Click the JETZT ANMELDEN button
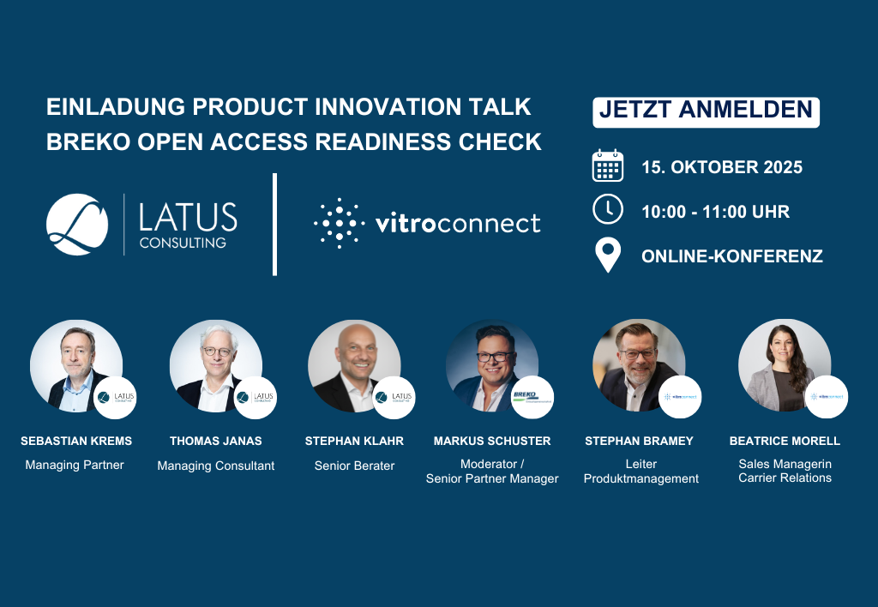[706, 112]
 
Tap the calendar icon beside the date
[608, 165]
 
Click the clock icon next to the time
[608, 209]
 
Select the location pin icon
[608, 255]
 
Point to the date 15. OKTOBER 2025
[722, 167]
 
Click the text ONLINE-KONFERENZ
[732, 255]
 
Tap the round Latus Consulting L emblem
[77, 225]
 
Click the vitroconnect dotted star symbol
[340, 223]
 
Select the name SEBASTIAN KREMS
[76, 441]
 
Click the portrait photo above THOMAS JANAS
[216, 365]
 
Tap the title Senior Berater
[354, 466]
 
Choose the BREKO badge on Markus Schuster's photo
[532, 397]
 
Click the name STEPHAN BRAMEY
[639, 441]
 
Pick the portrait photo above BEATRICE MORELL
[785, 365]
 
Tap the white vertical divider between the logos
[274, 224]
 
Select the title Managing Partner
[75, 465]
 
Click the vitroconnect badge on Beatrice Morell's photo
[827, 397]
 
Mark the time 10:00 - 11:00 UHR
[716, 212]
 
